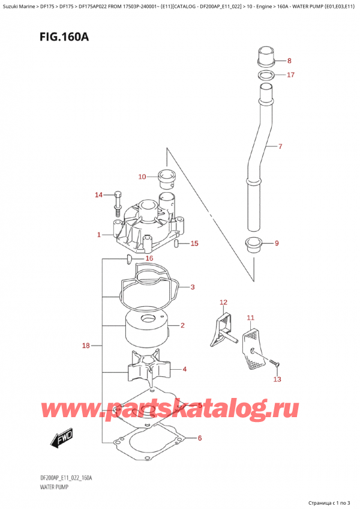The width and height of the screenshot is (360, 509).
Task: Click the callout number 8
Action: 289,61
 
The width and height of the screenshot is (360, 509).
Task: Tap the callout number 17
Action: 290,75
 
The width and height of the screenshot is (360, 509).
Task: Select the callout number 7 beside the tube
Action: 280,146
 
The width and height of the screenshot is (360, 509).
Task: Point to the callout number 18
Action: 86,346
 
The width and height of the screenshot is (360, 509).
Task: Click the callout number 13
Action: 277,379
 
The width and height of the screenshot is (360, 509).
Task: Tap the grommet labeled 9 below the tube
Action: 254,244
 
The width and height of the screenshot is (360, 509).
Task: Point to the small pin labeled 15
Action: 176,244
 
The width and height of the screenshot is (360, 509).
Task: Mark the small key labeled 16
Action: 128,259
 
